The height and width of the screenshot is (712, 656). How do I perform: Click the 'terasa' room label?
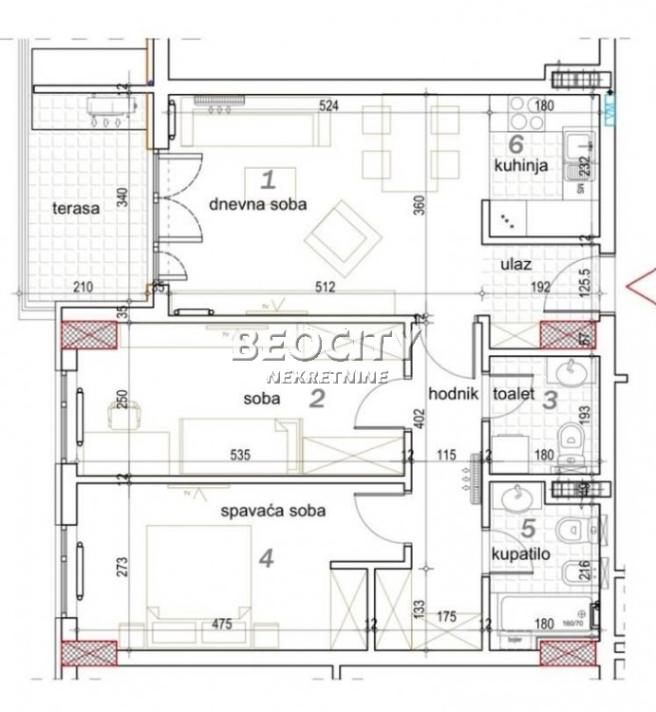click(77, 209)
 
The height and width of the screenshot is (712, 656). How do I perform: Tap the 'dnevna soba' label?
click(257, 203)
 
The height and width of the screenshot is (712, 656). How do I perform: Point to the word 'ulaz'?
click(516, 267)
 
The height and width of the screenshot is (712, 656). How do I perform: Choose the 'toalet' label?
click(514, 393)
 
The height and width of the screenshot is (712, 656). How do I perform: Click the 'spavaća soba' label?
click(273, 511)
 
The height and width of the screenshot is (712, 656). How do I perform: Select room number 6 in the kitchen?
click(516, 144)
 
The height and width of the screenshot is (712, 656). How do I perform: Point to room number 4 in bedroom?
click(266, 559)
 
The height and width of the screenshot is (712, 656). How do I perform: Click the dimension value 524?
click(328, 106)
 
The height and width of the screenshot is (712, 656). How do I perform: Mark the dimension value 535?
click(240, 456)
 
